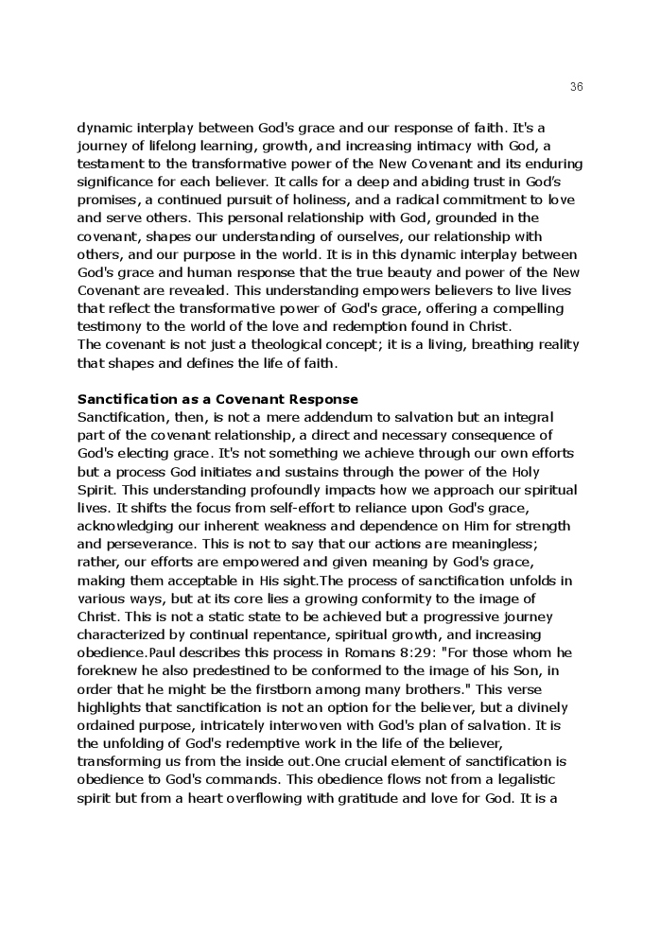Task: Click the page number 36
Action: point(577,87)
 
